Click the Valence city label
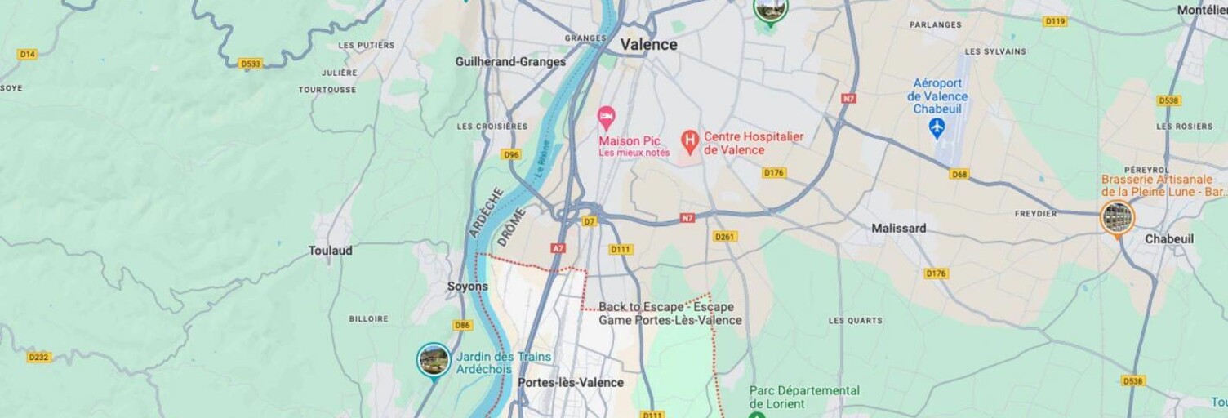(x=648, y=45)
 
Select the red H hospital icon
(x=690, y=143)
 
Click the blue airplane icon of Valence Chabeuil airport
(x=937, y=127)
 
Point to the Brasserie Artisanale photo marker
(x=1116, y=218)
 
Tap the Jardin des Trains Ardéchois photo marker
(x=433, y=360)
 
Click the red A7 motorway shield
(x=558, y=248)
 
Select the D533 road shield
(x=250, y=64)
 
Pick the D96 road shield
(x=511, y=154)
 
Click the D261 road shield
(x=725, y=237)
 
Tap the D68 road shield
(x=959, y=174)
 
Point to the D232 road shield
(x=38, y=357)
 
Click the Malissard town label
(x=898, y=229)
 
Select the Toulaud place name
(x=330, y=251)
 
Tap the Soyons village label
(x=468, y=287)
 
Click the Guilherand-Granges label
(x=510, y=62)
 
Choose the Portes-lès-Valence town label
(x=571, y=382)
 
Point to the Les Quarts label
(x=855, y=321)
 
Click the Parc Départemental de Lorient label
(x=804, y=397)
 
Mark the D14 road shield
(x=27, y=54)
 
